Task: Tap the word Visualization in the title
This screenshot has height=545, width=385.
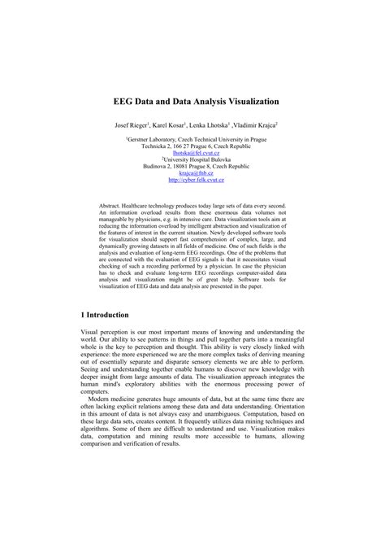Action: tap(247, 102)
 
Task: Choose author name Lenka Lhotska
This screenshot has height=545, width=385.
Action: tap(209, 126)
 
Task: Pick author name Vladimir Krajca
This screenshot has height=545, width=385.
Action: tap(254, 126)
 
